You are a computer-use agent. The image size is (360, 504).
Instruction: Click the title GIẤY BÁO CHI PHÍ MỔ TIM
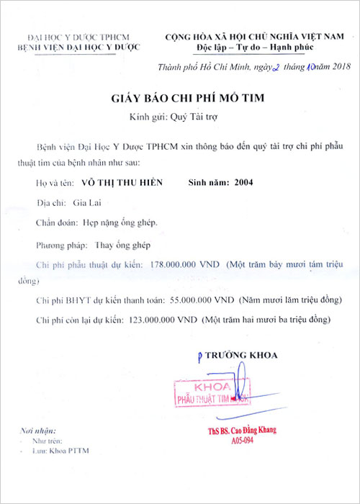tap(180, 96)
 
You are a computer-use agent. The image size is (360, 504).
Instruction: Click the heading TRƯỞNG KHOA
tap(246, 355)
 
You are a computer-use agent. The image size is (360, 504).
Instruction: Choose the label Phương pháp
tap(59, 244)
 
